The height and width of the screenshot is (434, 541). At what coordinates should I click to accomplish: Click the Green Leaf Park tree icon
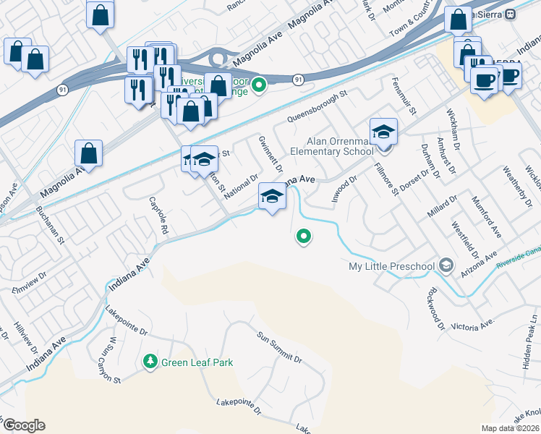pyautogui.click(x=150, y=361)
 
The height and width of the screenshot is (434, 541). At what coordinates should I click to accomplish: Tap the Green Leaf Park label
pyautogui.click(x=197, y=362)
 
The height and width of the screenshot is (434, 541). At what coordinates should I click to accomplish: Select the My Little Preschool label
pyautogui.click(x=391, y=266)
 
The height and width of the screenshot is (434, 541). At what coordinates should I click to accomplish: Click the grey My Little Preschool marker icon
pyautogui.click(x=446, y=266)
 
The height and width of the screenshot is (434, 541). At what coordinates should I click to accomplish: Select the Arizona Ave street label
pyautogui.click(x=480, y=265)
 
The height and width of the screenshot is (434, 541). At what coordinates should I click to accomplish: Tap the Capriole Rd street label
pyautogui.click(x=158, y=215)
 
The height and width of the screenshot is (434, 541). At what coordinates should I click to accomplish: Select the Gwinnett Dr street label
pyautogui.click(x=269, y=154)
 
